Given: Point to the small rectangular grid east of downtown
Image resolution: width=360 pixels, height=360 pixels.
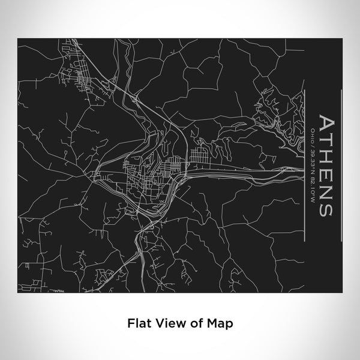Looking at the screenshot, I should tap(201, 157).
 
